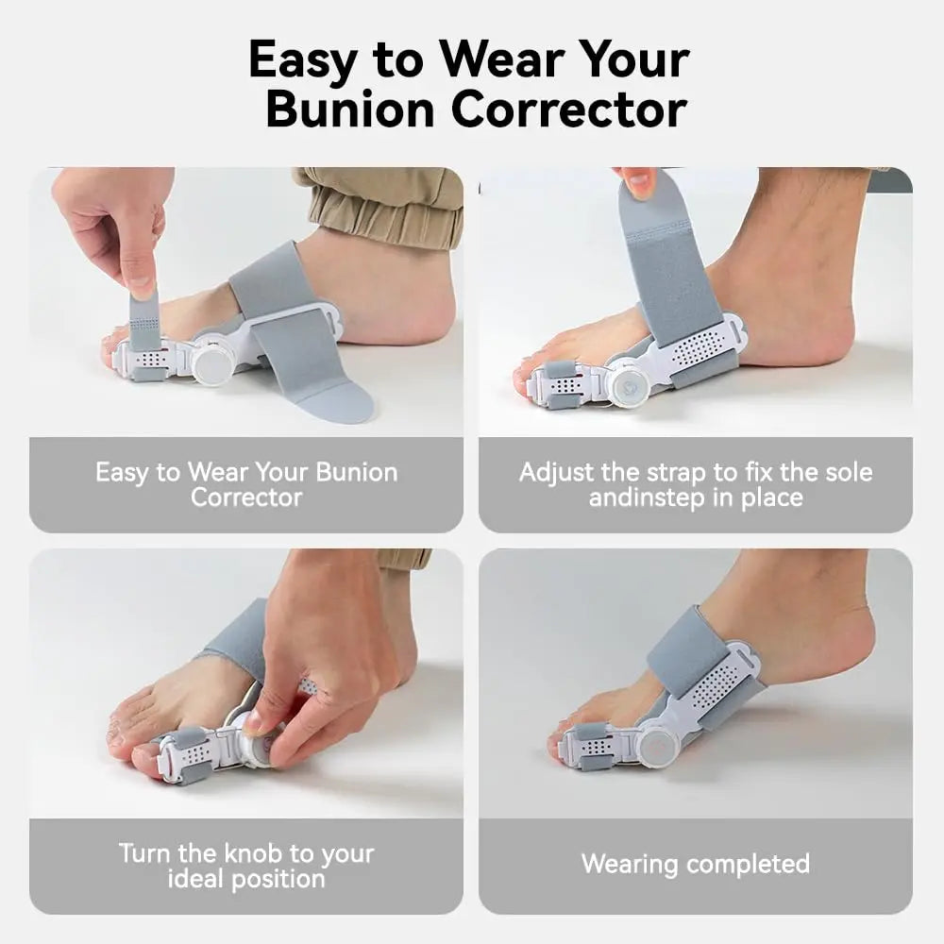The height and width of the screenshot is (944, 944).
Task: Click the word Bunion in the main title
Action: tap(350, 110)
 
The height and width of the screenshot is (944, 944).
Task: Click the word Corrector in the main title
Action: tap(569, 110)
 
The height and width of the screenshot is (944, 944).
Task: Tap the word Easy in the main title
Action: tap(302, 60)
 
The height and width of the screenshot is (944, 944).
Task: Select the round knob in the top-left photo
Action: tap(211, 363)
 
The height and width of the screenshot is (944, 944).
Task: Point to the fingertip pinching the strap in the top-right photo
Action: tap(639, 180)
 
